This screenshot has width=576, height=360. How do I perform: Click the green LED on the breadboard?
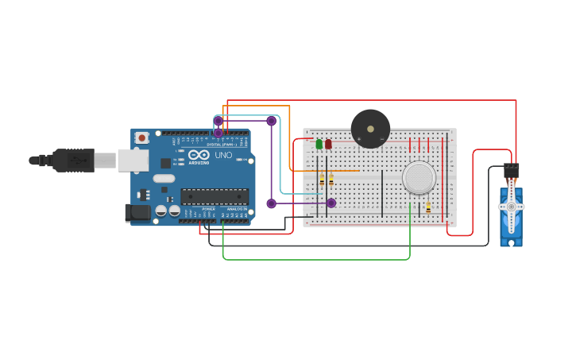click(319, 144)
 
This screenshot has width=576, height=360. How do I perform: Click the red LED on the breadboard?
click(328, 144)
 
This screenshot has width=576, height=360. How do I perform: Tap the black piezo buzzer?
click(370, 129)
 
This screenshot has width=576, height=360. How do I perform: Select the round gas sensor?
click(419, 178)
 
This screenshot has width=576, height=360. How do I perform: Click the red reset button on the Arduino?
click(141, 137)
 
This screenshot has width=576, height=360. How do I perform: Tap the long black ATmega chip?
click(214, 196)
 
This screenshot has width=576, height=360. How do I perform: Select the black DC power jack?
click(138, 212)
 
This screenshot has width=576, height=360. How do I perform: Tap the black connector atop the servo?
click(511, 171)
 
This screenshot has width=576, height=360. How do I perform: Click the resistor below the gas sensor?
click(428, 207)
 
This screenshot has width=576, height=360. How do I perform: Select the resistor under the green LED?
click(321, 181)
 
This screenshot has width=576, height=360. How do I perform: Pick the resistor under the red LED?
click(331, 181)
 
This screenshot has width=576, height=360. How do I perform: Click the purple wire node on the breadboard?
click(331, 203)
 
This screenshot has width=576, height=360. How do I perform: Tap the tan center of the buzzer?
click(369, 128)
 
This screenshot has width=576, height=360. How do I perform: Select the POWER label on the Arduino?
click(208, 209)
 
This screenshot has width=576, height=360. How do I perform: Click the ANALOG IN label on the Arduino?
click(236, 209)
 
